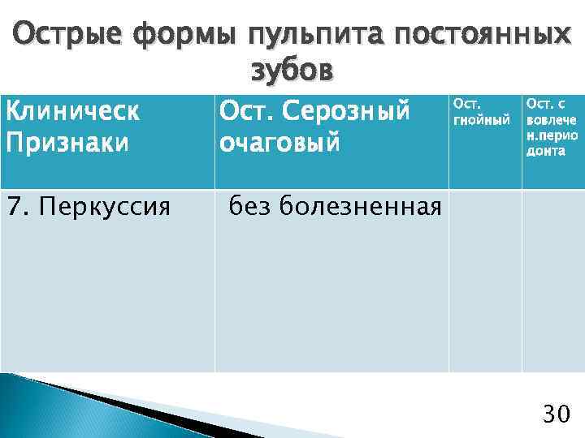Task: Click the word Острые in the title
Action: point(66,35)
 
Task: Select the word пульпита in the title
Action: point(310,35)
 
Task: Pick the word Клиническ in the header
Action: point(73,111)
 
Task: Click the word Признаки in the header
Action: point(67,142)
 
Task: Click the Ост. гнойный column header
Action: point(482,112)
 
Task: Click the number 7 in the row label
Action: point(13,208)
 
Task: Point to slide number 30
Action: point(556,415)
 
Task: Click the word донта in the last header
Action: point(544,152)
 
